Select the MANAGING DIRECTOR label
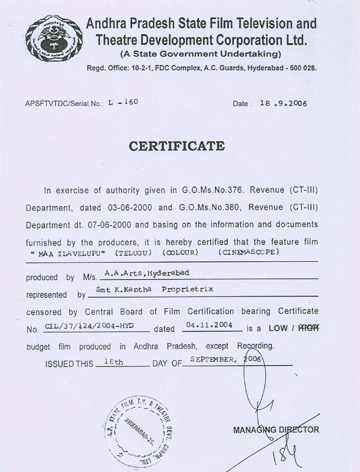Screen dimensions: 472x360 (276, 430)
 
